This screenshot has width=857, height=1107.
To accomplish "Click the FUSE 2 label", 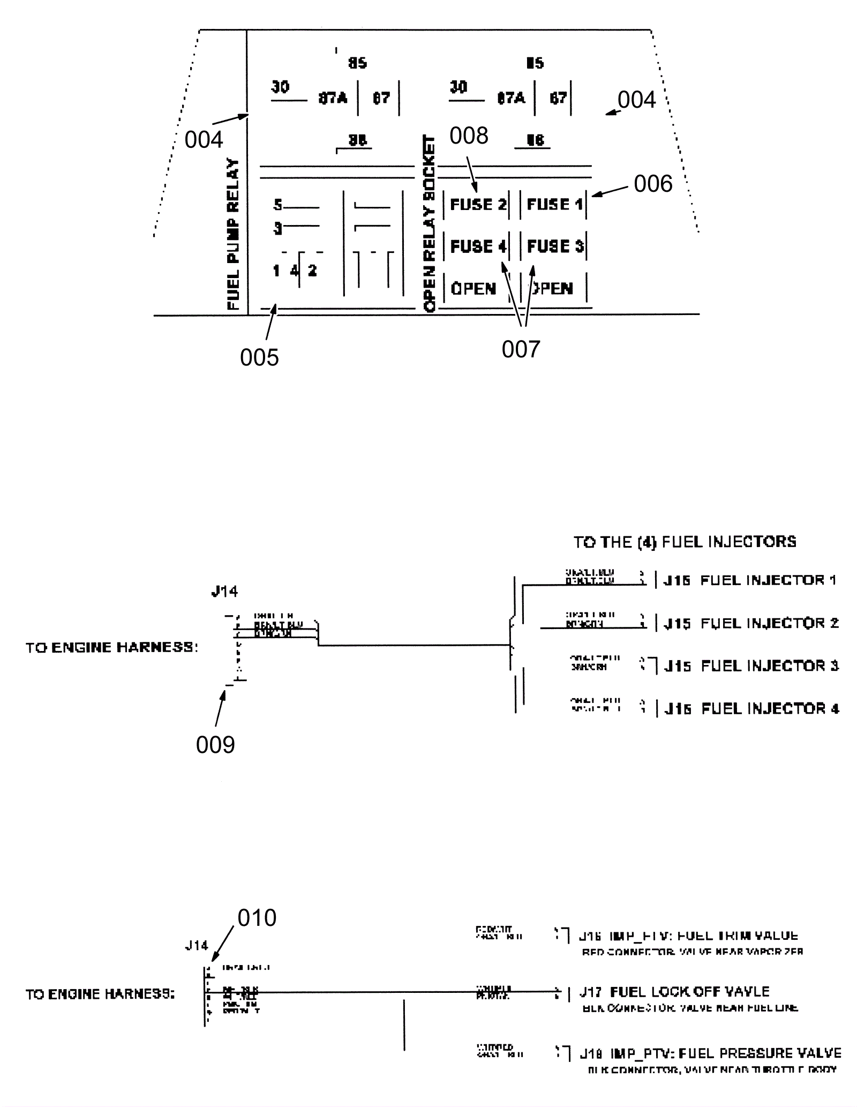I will coord(478,204).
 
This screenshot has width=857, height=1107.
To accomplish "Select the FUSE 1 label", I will coord(554,204).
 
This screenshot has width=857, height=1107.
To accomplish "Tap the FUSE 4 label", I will coord(478,246).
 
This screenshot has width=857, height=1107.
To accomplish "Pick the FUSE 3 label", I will coord(555,246).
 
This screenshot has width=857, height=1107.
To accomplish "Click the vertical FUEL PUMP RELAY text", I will coord(233,234).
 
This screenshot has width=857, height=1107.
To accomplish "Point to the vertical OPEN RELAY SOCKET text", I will coord(430,223).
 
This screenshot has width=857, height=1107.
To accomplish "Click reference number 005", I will coord(259,357).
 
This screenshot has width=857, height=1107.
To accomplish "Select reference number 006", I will coord(653,184).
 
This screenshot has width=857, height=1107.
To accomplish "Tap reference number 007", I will coord(521,349).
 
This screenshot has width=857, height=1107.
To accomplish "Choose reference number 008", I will coord(469,136).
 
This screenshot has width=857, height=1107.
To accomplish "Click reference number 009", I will coord(215,745).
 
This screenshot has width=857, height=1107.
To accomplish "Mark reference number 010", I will coord(257,918).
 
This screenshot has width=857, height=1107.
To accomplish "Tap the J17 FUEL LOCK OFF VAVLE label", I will coord(674,992).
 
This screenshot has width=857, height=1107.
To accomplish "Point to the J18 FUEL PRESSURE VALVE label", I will coord(710,1053).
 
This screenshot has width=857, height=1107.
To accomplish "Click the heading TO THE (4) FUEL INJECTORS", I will coord(685,542).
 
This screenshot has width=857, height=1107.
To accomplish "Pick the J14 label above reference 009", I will coord(224,592).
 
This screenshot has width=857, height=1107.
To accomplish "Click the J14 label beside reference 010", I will coord(197,945).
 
